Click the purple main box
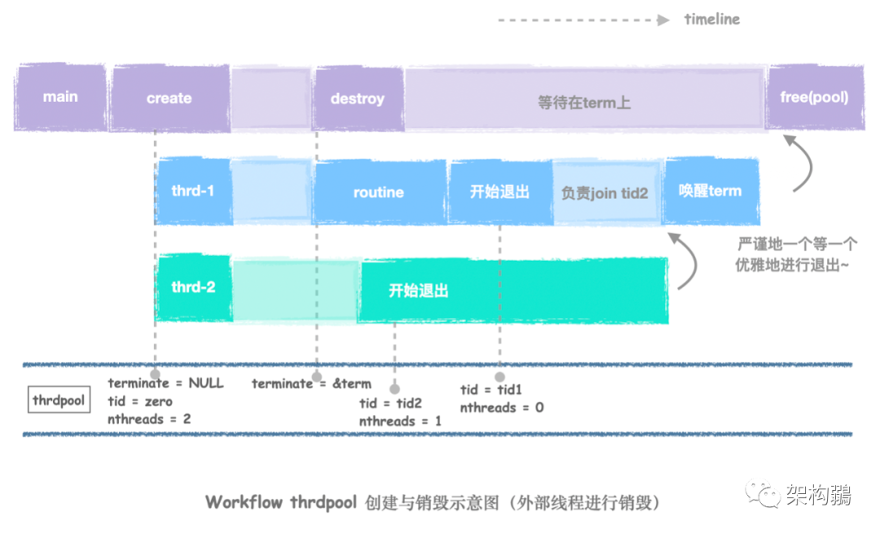tap(60, 97)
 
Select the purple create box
tap(169, 98)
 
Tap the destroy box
tap(357, 99)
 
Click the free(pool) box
tap(814, 97)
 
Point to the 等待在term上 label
tap(584, 103)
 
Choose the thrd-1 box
tap(193, 192)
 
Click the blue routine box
tap(379, 192)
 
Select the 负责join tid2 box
tap(605, 192)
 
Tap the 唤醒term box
tap(710, 192)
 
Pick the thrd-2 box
tap(193, 288)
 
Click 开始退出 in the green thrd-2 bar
tap(419, 291)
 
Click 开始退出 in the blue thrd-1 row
tap(499, 192)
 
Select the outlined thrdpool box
tap(59, 400)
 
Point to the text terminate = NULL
tap(165, 382)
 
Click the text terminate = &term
tap(311, 383)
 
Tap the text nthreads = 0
tap(501, 407)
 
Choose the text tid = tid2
tap(390, 404)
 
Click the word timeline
tap(712, 19)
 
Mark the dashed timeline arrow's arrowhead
tap(664, 20)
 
